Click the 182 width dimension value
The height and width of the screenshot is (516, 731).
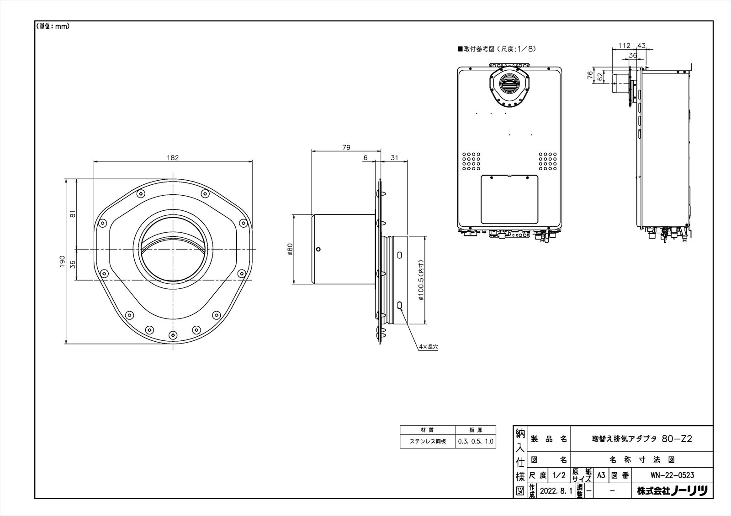coord(173,158)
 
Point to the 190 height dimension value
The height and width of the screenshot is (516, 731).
coord(62,261)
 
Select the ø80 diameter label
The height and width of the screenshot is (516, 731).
coord(290,250)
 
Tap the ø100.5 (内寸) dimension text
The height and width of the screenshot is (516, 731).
coord(421,280)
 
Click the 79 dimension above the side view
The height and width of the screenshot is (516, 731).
coord(346,147)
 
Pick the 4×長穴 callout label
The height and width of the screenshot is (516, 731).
coord(429,347)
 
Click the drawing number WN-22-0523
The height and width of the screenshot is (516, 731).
coord(672,475)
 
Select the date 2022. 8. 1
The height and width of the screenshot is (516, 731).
coord(556,491)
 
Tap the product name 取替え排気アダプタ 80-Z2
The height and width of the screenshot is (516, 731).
coord(642,439)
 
